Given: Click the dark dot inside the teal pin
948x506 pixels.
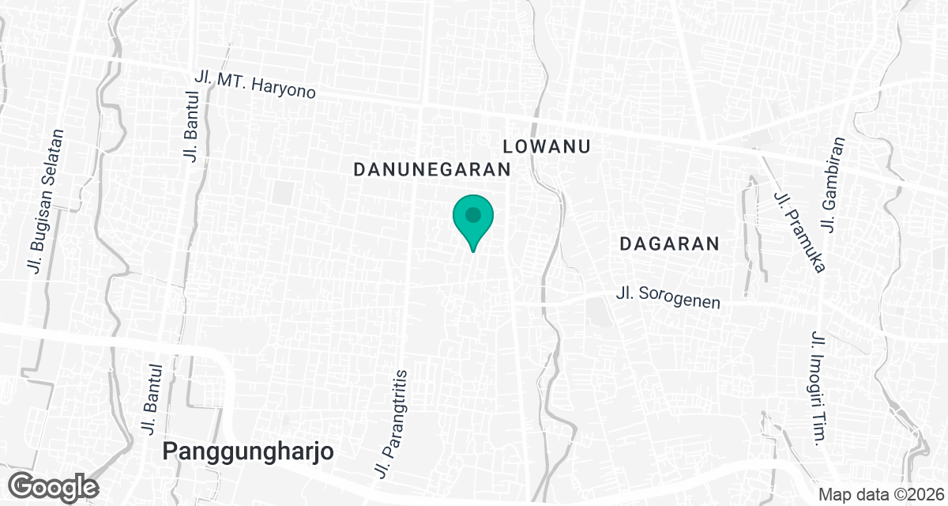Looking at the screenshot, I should point(473,214).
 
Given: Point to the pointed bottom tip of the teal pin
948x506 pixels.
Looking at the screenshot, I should point(473,251).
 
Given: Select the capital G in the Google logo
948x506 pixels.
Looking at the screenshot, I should point(24,485).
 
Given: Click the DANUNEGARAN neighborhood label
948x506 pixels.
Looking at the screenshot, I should point(432,169).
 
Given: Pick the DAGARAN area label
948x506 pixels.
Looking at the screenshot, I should point(669,244).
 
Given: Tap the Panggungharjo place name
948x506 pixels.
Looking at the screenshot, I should point(248,451).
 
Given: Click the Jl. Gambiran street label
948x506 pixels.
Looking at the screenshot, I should point(833,184).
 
